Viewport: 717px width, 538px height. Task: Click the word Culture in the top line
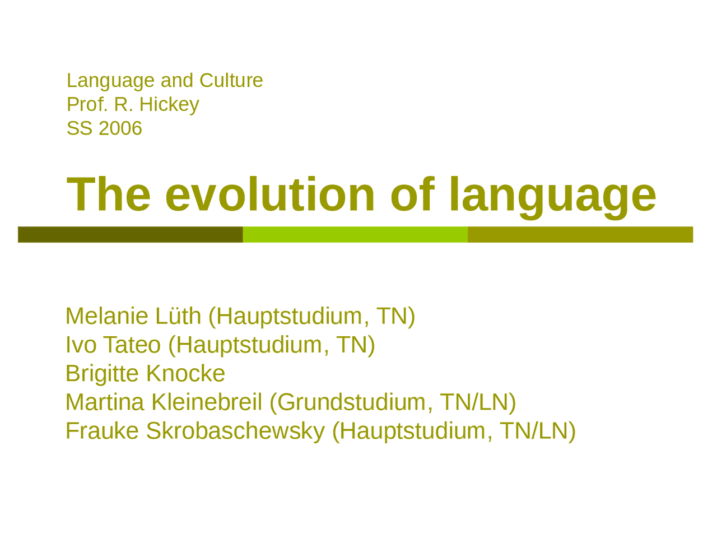click(x=231, y=80)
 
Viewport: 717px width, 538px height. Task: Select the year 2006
click(x=120, y=128)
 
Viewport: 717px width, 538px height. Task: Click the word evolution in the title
click(x=270, y=194)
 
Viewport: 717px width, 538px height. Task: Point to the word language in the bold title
click(x=553, y=198)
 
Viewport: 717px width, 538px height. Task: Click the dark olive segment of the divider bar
click(x=131, y=235)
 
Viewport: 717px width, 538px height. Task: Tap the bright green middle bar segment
click(x=355, y=235)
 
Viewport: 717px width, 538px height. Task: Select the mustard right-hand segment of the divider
click(x=580, y=235)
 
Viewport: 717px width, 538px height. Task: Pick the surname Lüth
click(x=178, y=316)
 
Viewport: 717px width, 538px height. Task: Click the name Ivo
click(x=81, y=345)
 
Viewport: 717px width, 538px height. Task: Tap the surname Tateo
click(x=132, y=345)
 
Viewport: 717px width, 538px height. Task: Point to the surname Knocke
click(x=185, y=373)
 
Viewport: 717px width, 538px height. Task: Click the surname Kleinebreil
click(x=207, y=402)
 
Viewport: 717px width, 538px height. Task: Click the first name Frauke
click(x=103, y=431)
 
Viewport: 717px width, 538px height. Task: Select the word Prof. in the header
click(x=87, y=105)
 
